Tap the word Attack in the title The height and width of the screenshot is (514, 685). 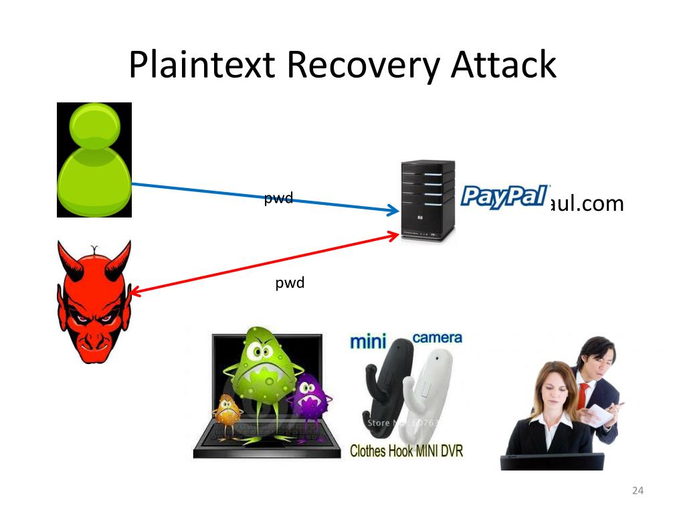(503, 65)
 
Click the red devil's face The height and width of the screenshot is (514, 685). (94, 305)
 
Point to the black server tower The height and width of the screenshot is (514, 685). (427, 201)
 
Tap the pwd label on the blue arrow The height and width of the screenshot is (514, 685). (278, 198)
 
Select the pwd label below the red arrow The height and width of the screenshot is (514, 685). (290, 283)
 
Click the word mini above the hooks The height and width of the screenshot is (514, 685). (369, 341)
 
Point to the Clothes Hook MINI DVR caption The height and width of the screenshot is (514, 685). (406, 450)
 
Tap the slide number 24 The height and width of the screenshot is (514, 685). (637, 492)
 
